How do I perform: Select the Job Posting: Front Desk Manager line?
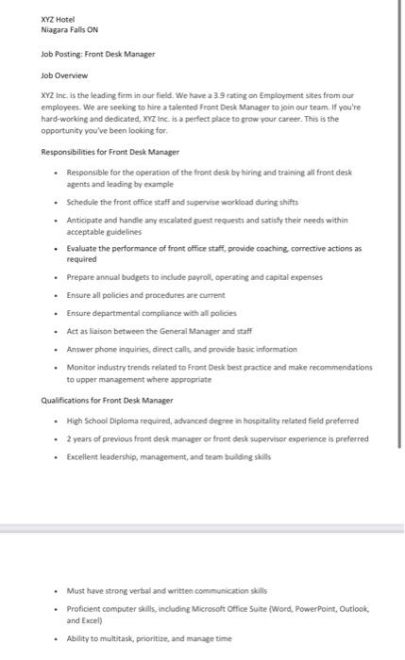97,54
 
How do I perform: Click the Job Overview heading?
64,74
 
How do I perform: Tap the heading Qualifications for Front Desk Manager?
106,400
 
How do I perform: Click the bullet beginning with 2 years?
217,438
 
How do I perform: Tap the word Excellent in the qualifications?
85,456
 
